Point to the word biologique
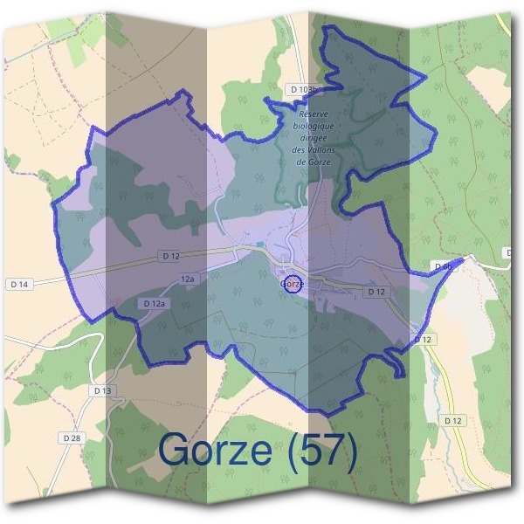click(313, 126)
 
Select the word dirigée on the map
click(313, 137)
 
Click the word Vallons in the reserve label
click(319, 149)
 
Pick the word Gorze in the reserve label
click(313, 161)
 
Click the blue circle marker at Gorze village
click(293, 284)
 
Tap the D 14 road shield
click(18, 284)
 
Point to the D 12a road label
click(154, 303)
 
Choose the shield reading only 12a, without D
click(188, 279)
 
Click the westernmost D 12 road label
click(169, 256)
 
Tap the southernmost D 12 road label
click(452, 420)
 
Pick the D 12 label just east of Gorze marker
click(376, 291)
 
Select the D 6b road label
click(442, 265)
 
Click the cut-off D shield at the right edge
click(507, 252)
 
